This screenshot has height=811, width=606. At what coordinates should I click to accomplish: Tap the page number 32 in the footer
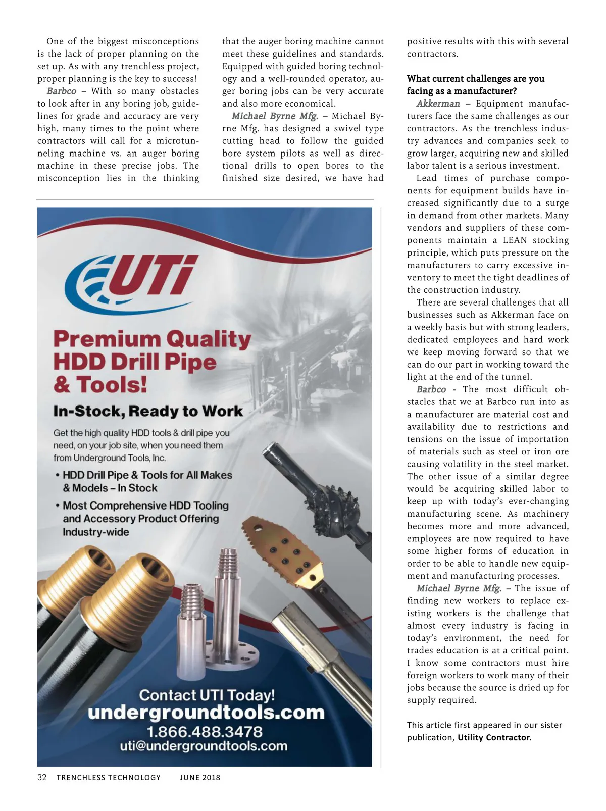click(42, 777)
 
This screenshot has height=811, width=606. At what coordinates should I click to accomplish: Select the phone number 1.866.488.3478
click(205, 732)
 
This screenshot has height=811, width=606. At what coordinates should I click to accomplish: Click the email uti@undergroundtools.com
click(204, 746)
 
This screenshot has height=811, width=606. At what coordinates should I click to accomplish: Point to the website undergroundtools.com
click(206, 713)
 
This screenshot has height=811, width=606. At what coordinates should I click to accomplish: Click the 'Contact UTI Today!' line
click(207, 695)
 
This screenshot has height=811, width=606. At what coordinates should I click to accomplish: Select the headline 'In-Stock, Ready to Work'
click(148, 411)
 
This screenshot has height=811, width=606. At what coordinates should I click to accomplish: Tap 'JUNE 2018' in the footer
click(200, 778)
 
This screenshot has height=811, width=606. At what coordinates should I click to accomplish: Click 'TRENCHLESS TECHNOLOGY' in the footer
click(109, 778)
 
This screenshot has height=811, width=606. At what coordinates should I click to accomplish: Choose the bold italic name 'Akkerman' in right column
click(438, 104)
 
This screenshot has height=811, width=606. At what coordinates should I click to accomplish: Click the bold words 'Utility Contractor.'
click(494, 737)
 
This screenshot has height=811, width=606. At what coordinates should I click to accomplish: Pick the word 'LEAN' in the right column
click(515, 240)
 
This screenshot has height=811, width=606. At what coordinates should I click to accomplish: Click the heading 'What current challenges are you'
click(476, 79)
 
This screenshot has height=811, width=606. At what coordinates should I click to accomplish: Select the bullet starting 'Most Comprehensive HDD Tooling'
click(145, 505)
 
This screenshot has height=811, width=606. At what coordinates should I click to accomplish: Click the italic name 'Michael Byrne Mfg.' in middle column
click(275, 116)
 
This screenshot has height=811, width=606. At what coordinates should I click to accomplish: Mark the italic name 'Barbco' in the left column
click(61, 91)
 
